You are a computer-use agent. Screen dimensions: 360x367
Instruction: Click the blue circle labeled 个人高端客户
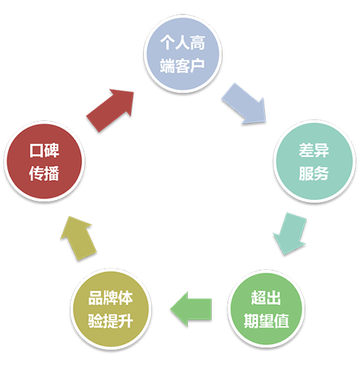coord(183,54)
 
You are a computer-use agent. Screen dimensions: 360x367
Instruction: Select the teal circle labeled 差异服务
coord(315,161)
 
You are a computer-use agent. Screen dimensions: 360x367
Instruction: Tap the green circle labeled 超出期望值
coord(266,309)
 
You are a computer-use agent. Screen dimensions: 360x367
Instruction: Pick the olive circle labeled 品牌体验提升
coord(111,309)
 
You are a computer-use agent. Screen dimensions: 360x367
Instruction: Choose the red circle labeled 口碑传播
coord(45,161)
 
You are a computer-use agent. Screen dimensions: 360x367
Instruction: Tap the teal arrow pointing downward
coord(290,233)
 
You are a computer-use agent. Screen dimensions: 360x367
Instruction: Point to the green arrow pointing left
coord(191,309)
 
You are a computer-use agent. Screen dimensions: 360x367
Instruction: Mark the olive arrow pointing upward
coord(78,238)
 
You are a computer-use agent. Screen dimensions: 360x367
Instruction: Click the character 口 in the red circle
coord(37,150)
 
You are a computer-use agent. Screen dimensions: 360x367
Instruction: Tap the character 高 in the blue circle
coord(197,43)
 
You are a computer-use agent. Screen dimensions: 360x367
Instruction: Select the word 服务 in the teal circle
coord(314,173)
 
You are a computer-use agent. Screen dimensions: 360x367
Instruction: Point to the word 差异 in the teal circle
coord(314,150)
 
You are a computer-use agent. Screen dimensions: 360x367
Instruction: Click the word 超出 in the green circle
coord(266,298)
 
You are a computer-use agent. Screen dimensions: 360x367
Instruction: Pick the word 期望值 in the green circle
coord(266,321)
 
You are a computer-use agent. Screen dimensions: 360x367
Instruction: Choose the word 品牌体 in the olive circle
coord(111,298)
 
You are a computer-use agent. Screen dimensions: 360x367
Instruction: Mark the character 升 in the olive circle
coord(125,321)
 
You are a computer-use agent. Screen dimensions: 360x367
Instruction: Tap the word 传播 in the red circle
coord(44,173)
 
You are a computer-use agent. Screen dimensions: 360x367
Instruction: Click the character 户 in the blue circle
coord(197,65)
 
